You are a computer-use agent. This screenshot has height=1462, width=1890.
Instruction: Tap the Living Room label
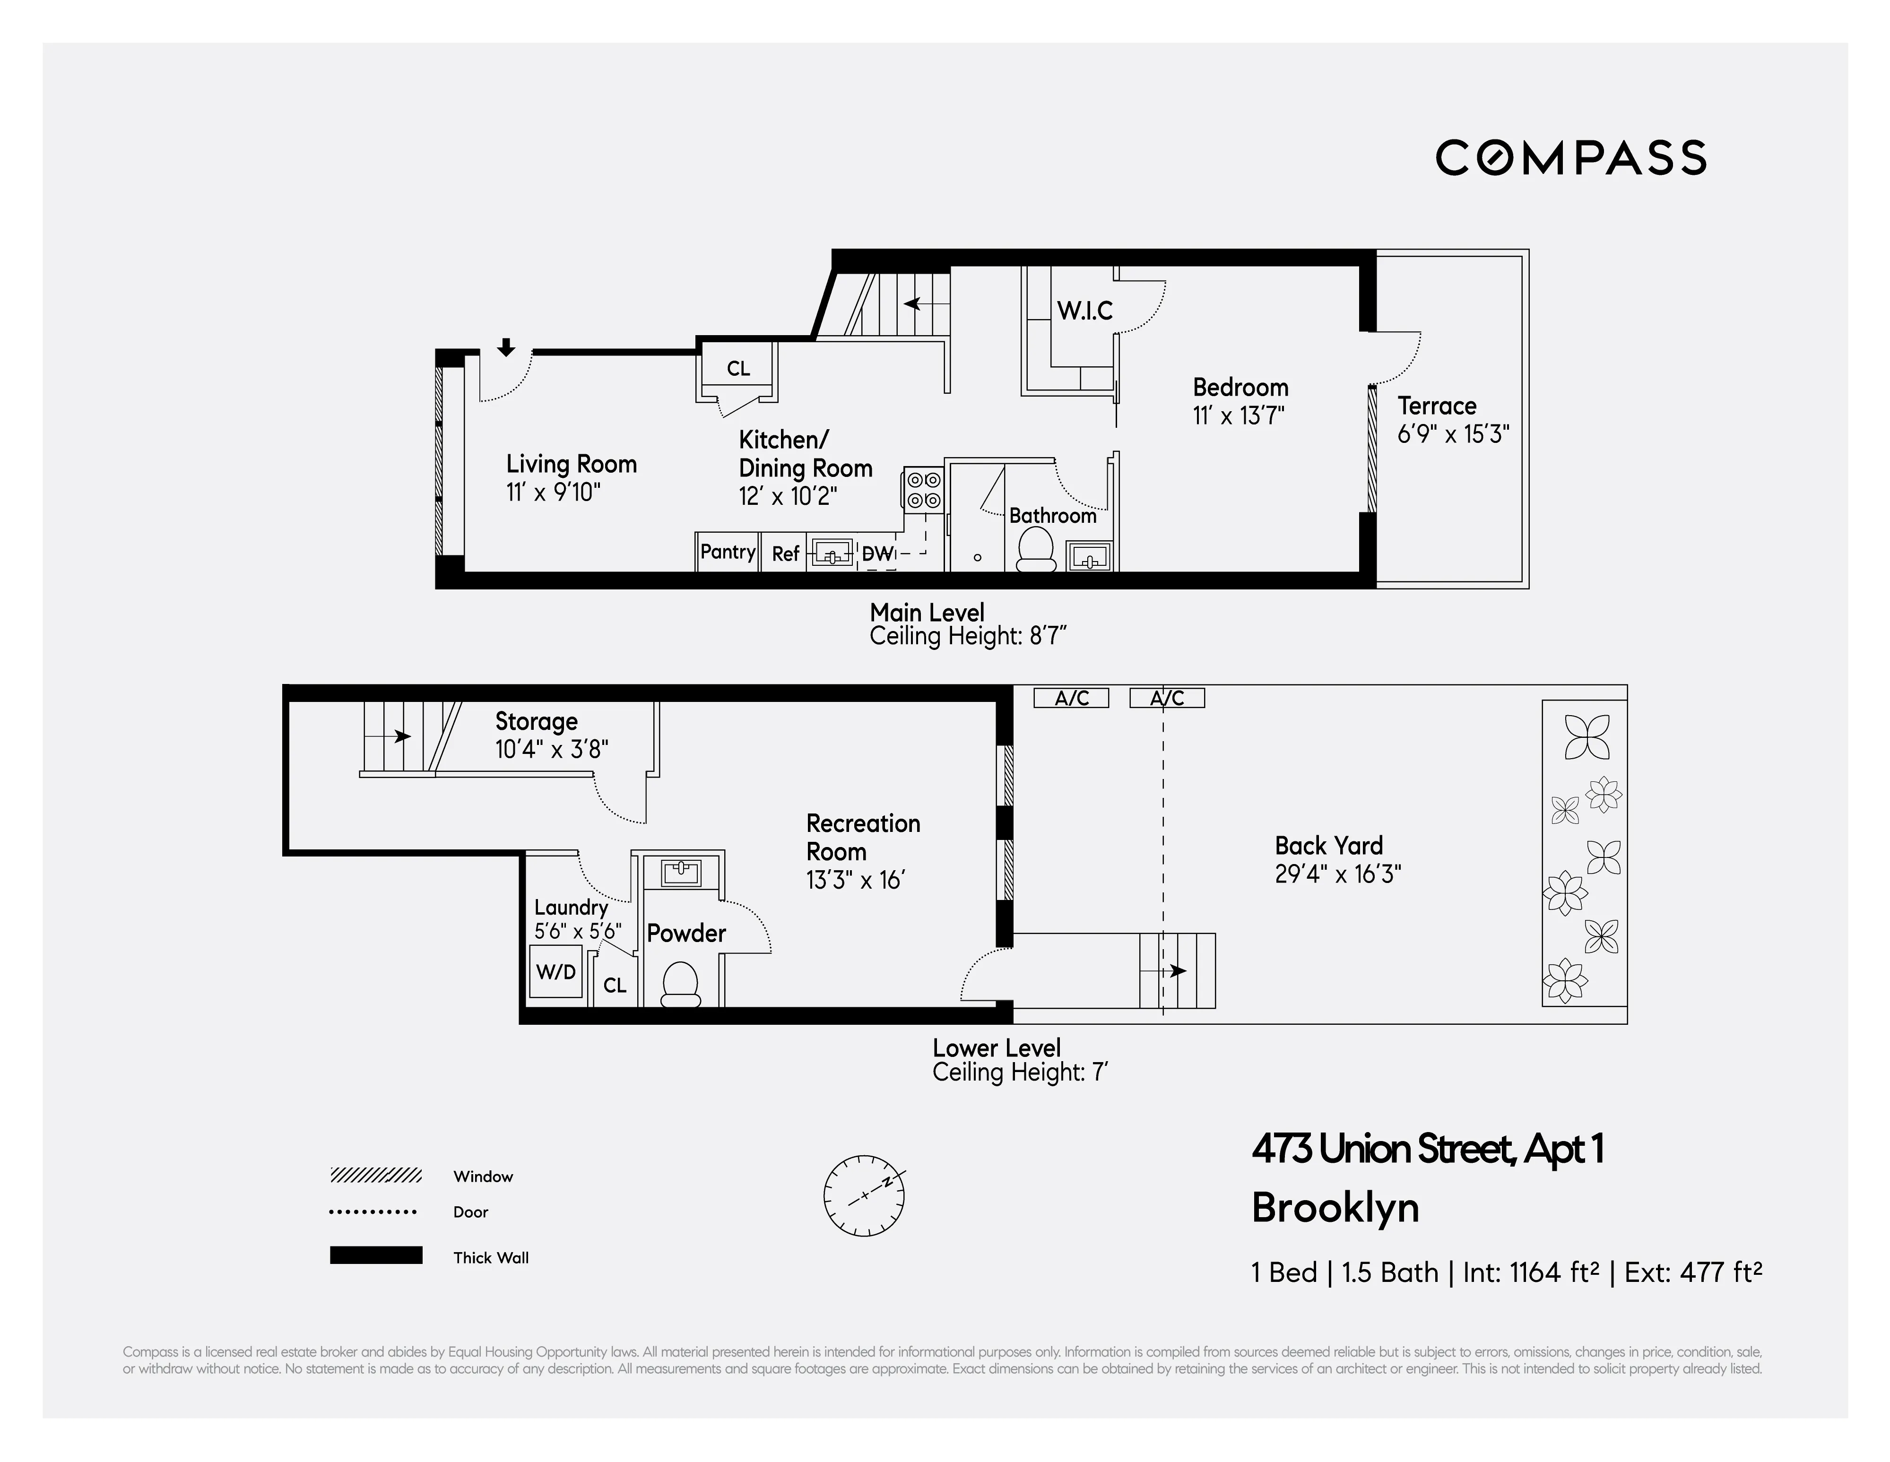pos(571,465)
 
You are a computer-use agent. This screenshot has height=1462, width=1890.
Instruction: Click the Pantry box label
pos(727,552)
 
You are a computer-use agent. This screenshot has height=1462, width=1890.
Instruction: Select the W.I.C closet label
pos(1084,311)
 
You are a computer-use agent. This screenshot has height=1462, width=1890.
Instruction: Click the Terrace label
pos(1437,406)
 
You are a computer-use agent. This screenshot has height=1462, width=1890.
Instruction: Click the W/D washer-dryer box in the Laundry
pos(555,971)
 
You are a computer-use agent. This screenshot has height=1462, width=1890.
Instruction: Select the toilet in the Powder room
pos(680,986)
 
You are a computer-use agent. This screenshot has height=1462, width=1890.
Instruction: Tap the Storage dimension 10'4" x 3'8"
pos(551,749)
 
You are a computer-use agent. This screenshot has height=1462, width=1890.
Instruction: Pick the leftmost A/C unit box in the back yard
pos(1071,698)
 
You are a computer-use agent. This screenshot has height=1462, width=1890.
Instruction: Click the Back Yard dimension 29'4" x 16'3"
pos(1338,874)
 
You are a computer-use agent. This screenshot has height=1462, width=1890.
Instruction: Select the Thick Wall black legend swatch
pos(375,1255)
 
